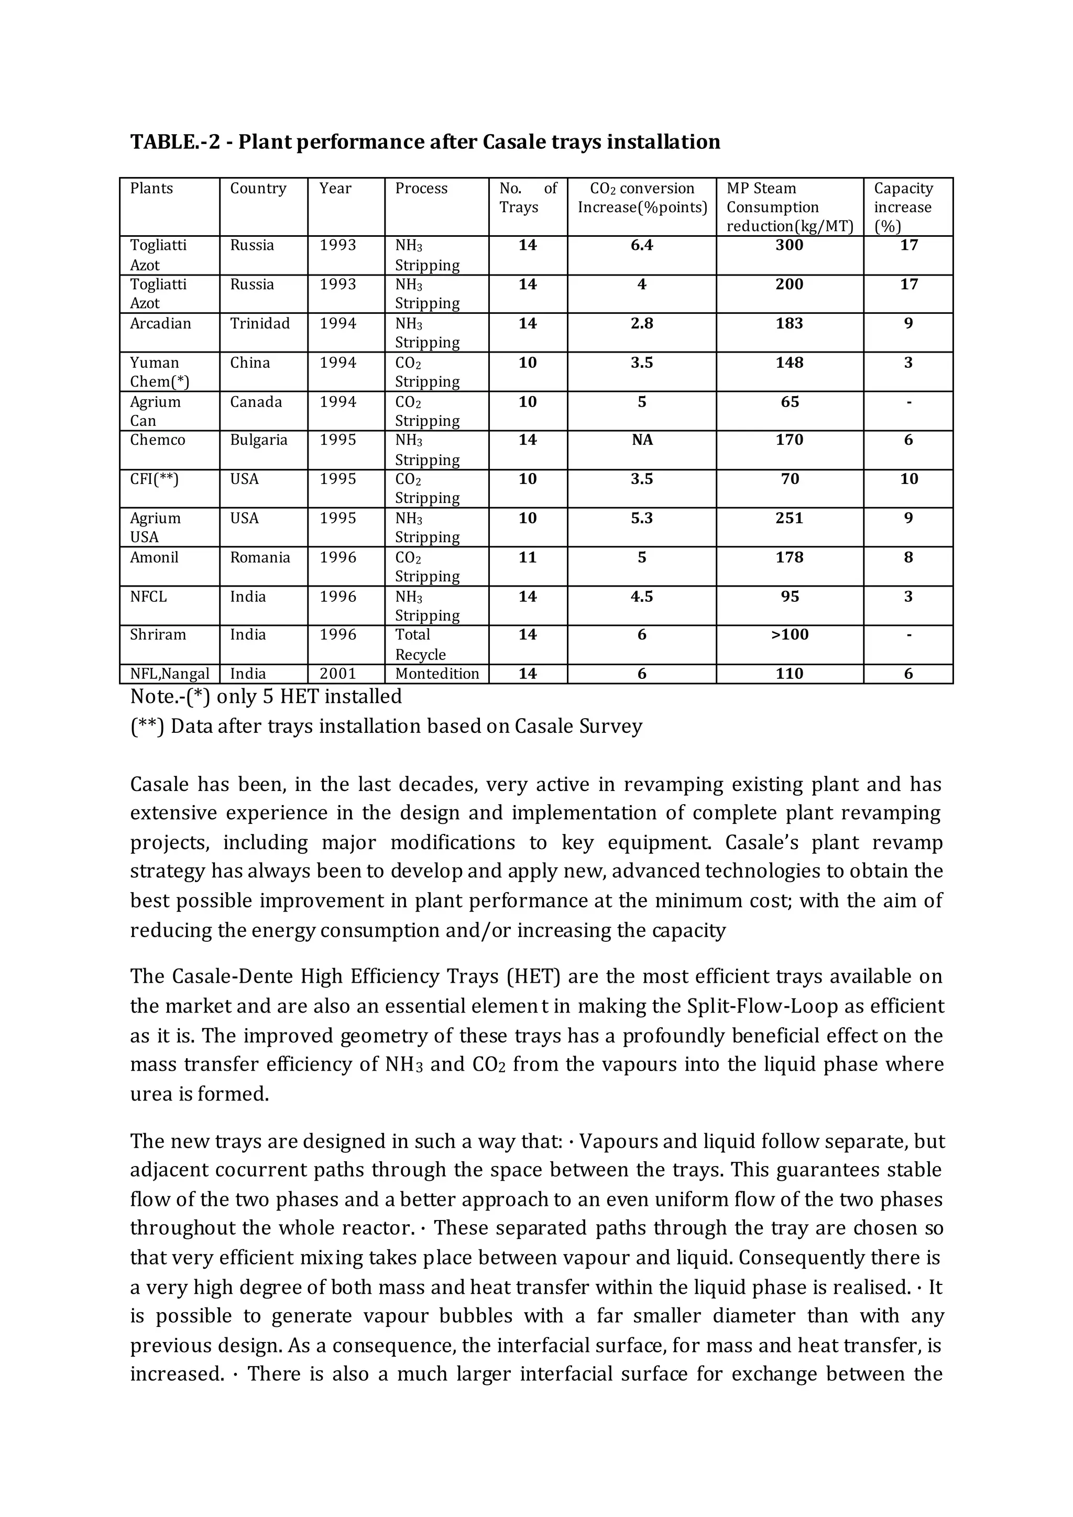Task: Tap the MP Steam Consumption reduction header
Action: coord(789,207)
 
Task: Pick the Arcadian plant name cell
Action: coord(160,324)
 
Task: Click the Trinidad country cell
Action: coord(260,324)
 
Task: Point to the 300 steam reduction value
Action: coord(789,246)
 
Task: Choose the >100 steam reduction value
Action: coord(789,635)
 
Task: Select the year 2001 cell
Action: coord(337,674)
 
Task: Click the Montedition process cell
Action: coord(437,674)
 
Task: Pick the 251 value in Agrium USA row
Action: coord(789,519)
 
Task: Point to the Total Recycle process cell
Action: coord(420,644)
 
